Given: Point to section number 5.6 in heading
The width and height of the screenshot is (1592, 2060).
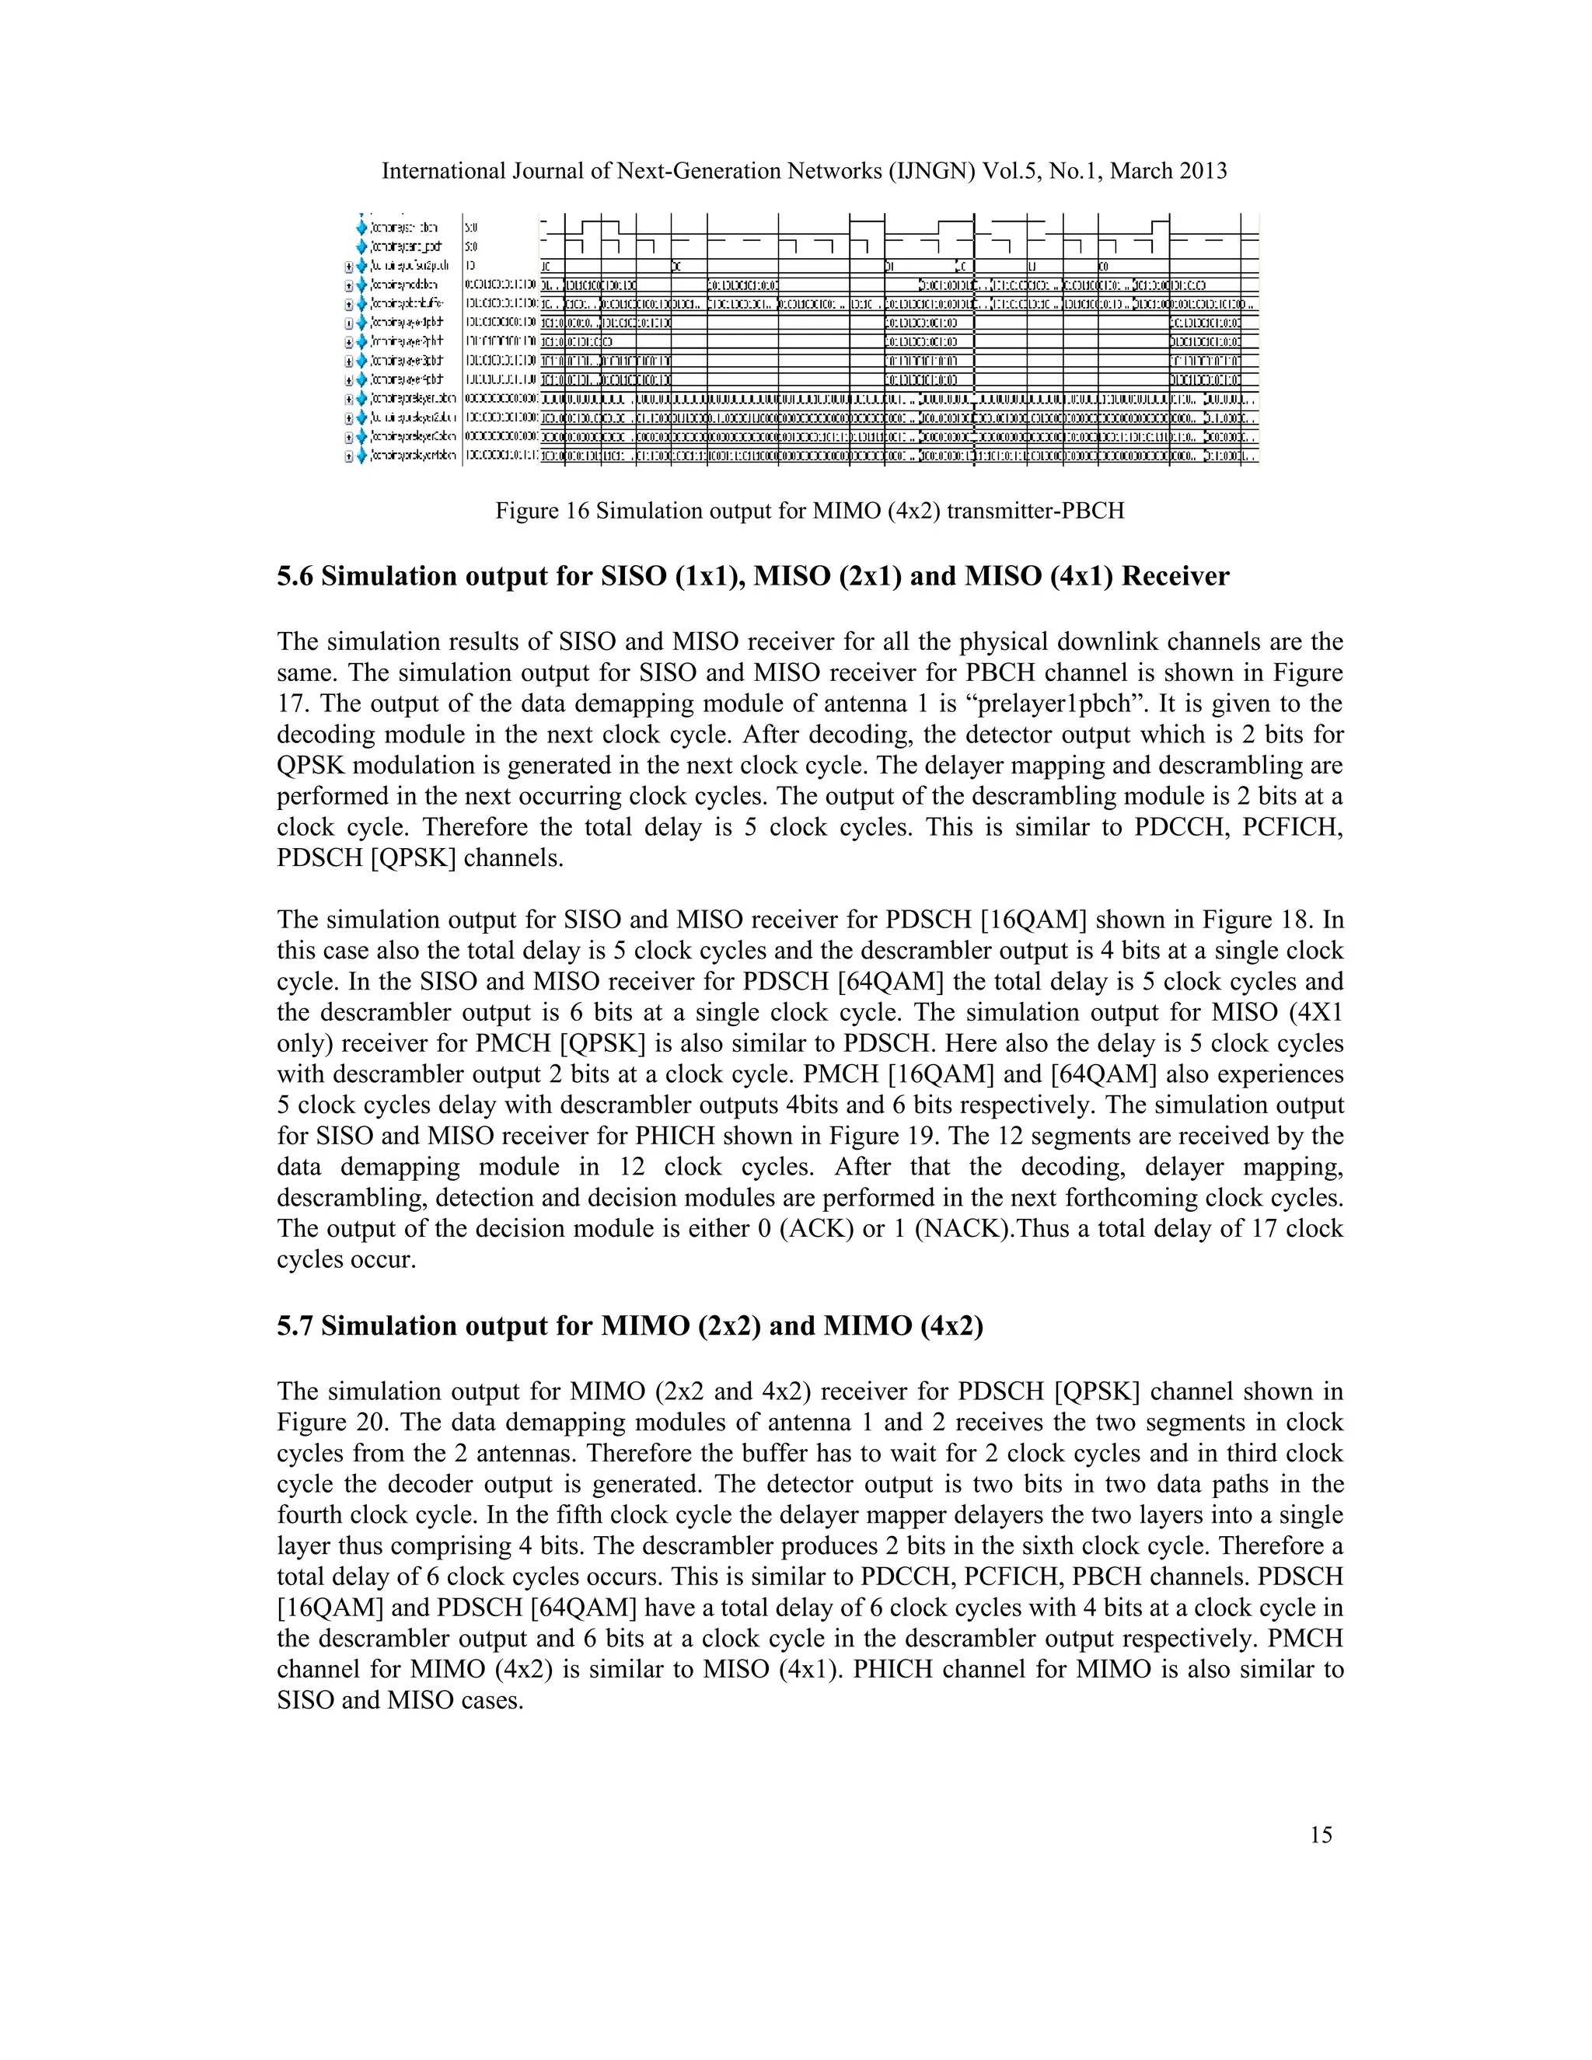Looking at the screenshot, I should click(x=295, y=576).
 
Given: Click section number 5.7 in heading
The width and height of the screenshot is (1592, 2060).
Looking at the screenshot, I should click(x=295, y=1326).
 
